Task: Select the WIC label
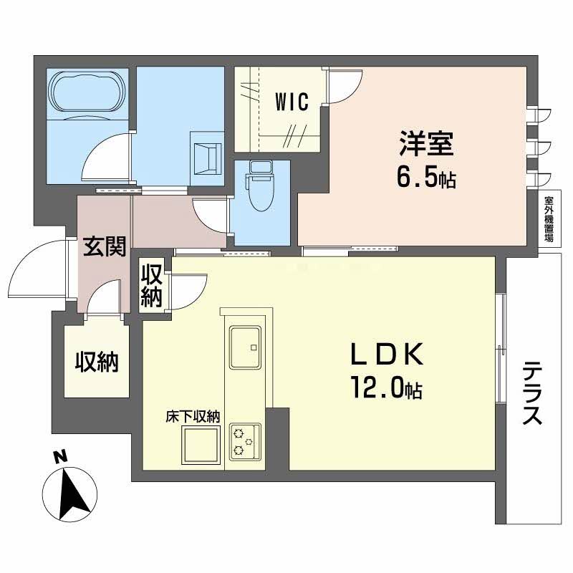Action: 292,102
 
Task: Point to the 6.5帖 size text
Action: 427,178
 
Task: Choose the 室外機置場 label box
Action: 549,218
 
